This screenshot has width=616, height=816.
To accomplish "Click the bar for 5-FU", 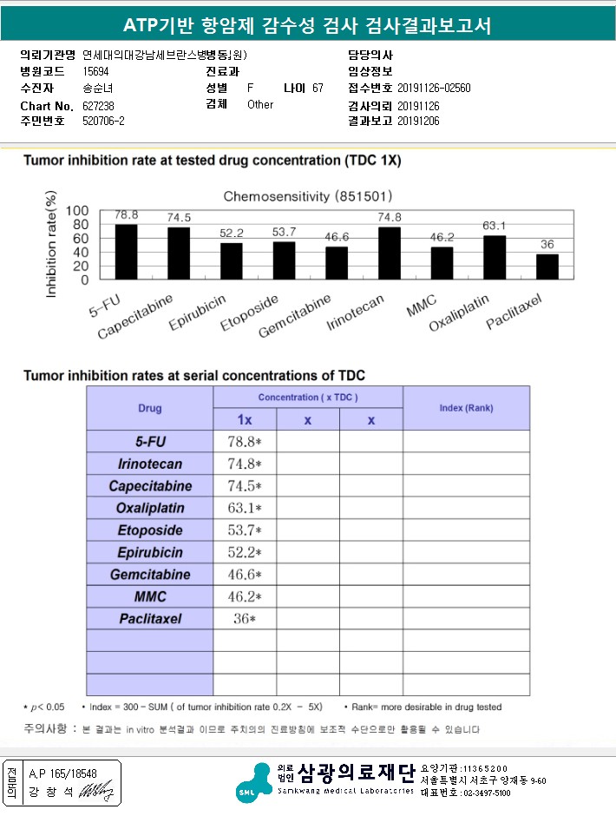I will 127,252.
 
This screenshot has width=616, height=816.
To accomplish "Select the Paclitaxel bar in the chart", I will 547,267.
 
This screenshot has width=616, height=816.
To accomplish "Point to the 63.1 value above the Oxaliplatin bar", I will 495,227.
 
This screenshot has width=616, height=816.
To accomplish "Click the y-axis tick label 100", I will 77,211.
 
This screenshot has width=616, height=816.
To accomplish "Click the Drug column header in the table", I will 149,408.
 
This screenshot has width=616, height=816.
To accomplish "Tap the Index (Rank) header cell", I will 466,408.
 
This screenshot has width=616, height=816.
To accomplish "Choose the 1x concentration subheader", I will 245,419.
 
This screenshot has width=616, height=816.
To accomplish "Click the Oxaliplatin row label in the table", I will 149,508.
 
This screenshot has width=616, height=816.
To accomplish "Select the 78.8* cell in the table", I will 245,442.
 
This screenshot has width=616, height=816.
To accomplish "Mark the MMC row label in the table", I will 149,596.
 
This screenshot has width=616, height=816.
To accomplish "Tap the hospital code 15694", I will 96,72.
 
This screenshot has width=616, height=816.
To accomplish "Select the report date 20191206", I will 418,121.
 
